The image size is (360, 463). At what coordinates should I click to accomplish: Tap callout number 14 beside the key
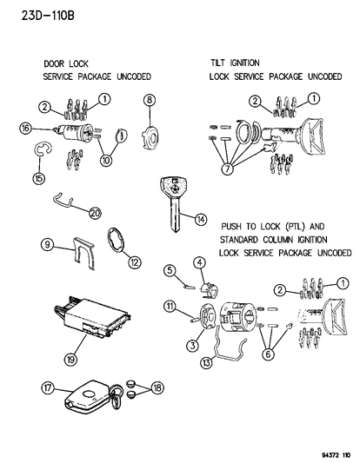pos(201,220)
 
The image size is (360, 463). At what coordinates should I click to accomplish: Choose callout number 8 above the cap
pos(150,101)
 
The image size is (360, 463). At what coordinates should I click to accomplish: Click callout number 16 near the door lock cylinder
pos(26,128)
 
